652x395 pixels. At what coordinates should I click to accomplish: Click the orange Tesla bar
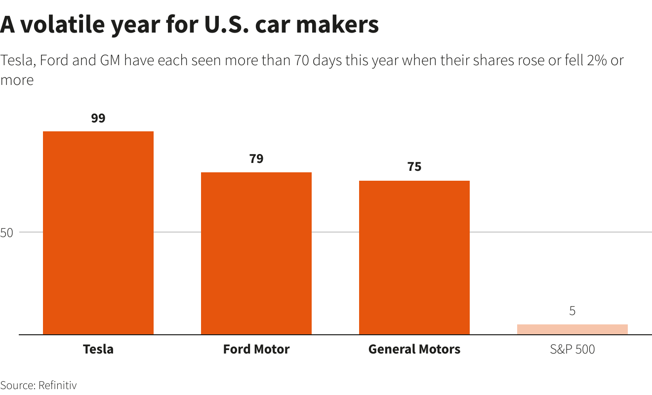click(98, 233)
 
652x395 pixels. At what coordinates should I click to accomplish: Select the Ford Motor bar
click(256, 253)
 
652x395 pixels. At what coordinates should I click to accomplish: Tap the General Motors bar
click(414, 257)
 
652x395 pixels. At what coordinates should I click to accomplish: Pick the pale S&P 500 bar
click(572, 329)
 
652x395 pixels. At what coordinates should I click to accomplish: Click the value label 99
click(98, 118)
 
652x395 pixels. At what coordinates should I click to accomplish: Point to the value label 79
click(256, 159)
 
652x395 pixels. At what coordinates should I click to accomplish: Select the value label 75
click(414, 167)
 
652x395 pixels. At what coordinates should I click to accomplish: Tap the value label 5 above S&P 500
click(572, 311)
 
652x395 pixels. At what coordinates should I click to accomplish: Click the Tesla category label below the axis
click(98, 350)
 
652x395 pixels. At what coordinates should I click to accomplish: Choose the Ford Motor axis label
click(256, 350)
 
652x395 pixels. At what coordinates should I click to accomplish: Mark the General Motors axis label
click(414, 350)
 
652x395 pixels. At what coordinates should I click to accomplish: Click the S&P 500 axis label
click(572, 350)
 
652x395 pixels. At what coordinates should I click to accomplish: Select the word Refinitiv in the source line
click(57, 386)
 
